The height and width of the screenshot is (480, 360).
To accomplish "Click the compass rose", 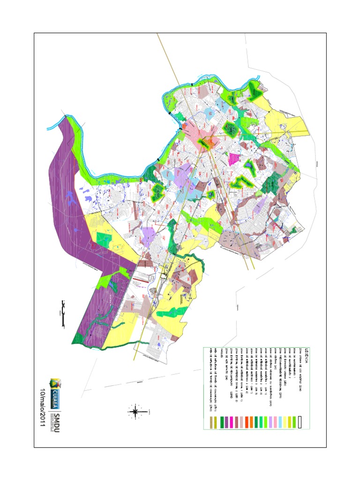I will click(135, 412).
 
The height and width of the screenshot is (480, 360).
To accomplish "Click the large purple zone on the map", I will click(70, 197).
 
